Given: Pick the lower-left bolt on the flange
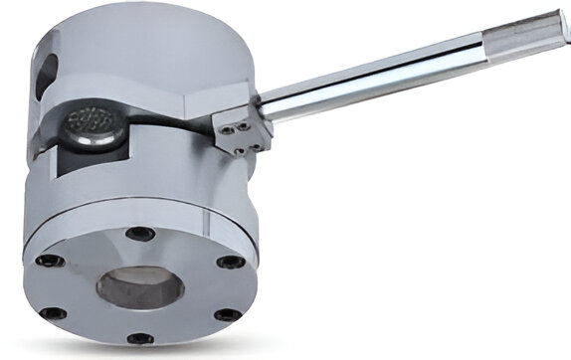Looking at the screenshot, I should pos(49,313).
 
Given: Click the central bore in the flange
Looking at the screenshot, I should pos(138,287).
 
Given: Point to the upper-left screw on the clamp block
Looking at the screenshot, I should pos(228,126).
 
